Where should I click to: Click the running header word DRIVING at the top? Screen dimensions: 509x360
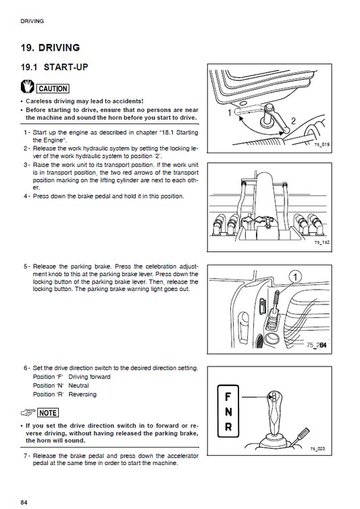(32, 21)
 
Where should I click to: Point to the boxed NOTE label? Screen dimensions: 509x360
(47, 412)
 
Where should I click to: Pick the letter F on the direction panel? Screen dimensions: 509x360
(228, 396)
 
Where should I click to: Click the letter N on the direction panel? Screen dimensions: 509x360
(228, 412)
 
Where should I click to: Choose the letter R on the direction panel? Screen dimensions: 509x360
(228, 427)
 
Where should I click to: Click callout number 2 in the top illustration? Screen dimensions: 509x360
(293, 120)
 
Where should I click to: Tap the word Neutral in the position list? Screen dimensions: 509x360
(79, 385)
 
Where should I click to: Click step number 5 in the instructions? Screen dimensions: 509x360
(26, 266)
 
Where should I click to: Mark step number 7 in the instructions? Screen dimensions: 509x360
(26, 456)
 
